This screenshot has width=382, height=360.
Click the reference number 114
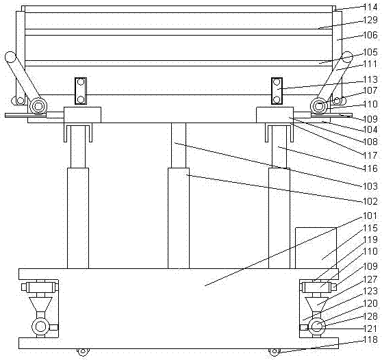tap(370, 7)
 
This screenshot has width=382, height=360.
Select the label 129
tap(370, 20)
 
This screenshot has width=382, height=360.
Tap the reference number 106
tap(370, 35)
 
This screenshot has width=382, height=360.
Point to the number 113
tap(370, 79)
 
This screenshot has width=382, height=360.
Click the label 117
tap(370, 155)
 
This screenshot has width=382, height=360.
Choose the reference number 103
tap(370, 186)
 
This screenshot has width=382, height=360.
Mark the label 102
tap(370, 201)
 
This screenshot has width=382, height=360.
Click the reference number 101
tap(370, 216)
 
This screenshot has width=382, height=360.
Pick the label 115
tap(370, 228)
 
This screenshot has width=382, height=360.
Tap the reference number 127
tap(370, 279)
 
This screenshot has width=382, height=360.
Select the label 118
tap(370, 339)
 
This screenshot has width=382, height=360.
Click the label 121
tap(370, 329)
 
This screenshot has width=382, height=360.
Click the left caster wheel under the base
tap(83, 352)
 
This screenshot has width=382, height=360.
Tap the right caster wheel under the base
tap(275, 352)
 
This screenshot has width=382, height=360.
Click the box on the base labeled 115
tap(316, 248)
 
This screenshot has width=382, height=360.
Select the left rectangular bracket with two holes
tap(81, 91)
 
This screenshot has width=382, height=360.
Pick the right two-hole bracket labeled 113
tap(277, 91)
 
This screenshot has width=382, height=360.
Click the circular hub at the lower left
tap(40, 326)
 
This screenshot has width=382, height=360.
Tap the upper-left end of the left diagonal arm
tap(10, 57)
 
